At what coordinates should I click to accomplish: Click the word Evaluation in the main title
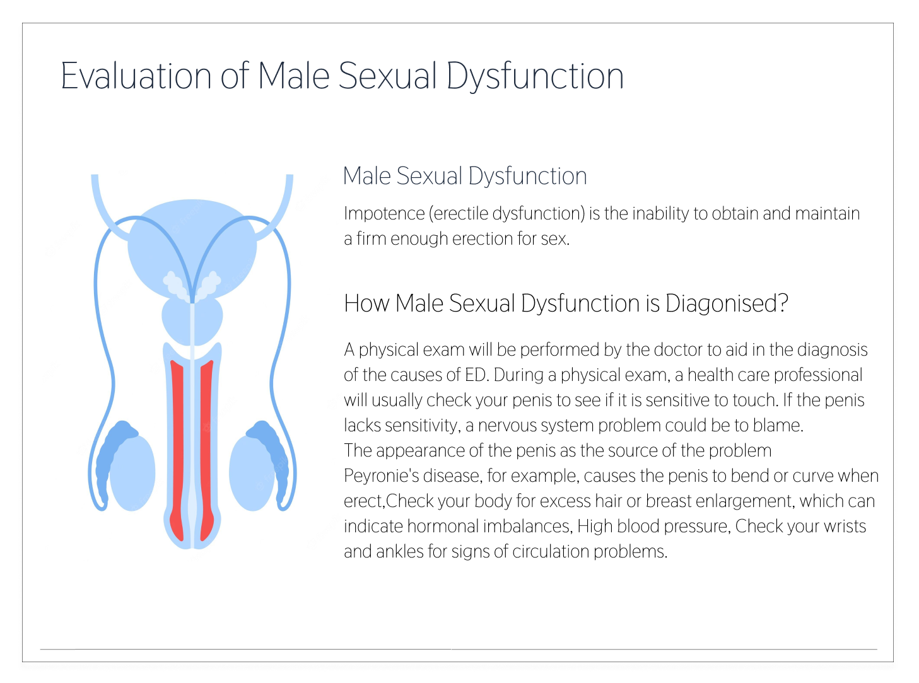click(x=136, y=76)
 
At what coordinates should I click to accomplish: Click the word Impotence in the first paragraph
click(x=384, y=214)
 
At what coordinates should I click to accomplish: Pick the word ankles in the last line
click(x=399, y=552)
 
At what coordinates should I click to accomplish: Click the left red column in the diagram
click(x=177, y=450)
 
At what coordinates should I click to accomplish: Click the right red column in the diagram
click(x=207, y=450)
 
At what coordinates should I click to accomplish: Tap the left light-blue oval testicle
click(x=133, y=472)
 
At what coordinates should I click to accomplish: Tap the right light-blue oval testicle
click(x=252, y=472)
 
